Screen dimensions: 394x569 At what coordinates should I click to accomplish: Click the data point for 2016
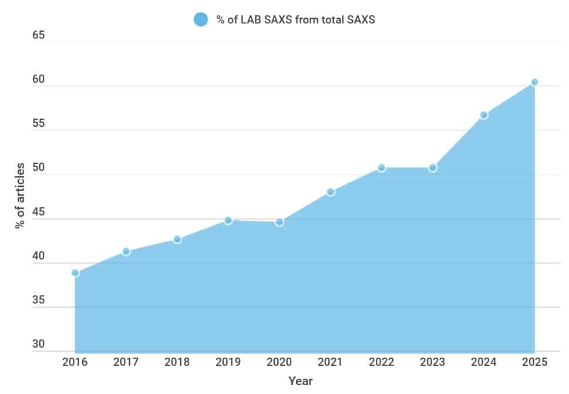coord(75,272)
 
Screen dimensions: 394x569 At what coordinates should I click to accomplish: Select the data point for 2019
coord(228,220)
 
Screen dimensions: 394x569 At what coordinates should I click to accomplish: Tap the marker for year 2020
coord(279,222)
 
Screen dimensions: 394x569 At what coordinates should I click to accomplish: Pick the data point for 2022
coord(382,168)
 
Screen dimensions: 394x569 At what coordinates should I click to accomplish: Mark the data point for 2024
coord(483,115)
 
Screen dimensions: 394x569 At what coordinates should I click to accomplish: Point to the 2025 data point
coord(534,82)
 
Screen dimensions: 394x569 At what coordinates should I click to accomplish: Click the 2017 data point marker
coord(126,251)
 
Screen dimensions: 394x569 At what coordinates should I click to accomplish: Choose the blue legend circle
coord(201,19)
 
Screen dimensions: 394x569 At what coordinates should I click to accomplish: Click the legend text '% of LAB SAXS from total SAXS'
coord(295,19)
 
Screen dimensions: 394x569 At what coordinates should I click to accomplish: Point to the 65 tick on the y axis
coord(39,35)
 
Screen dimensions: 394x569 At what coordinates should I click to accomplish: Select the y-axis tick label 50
coord(39,168)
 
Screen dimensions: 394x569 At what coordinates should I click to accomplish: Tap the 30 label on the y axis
coord(39,344)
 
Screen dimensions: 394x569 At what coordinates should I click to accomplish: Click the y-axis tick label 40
coord(39,256)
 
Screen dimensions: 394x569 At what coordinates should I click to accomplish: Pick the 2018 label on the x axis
coord(177,362)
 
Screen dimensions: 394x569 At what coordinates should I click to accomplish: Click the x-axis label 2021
coord(330,362)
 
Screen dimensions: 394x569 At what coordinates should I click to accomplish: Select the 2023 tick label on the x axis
coord(432,362)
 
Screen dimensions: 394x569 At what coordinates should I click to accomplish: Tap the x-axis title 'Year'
coord(301,381)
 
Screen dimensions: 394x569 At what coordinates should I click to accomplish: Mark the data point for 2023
coord(432,168)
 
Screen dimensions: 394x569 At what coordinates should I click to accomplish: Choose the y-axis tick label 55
coord(39,124)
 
